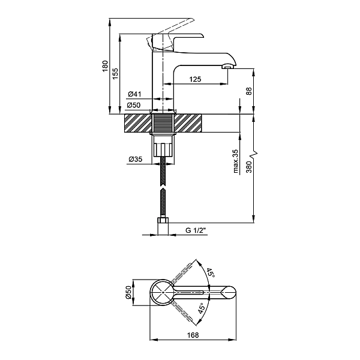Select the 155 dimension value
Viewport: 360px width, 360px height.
(116, 73)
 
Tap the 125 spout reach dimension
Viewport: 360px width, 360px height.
(194, 79)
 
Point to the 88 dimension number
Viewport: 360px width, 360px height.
(248, 91)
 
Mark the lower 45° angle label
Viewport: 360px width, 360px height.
(202, 310)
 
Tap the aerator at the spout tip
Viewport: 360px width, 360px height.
(228, 66)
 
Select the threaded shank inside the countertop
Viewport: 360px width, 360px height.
(163, 124)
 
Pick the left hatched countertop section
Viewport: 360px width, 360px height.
(139, 124)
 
